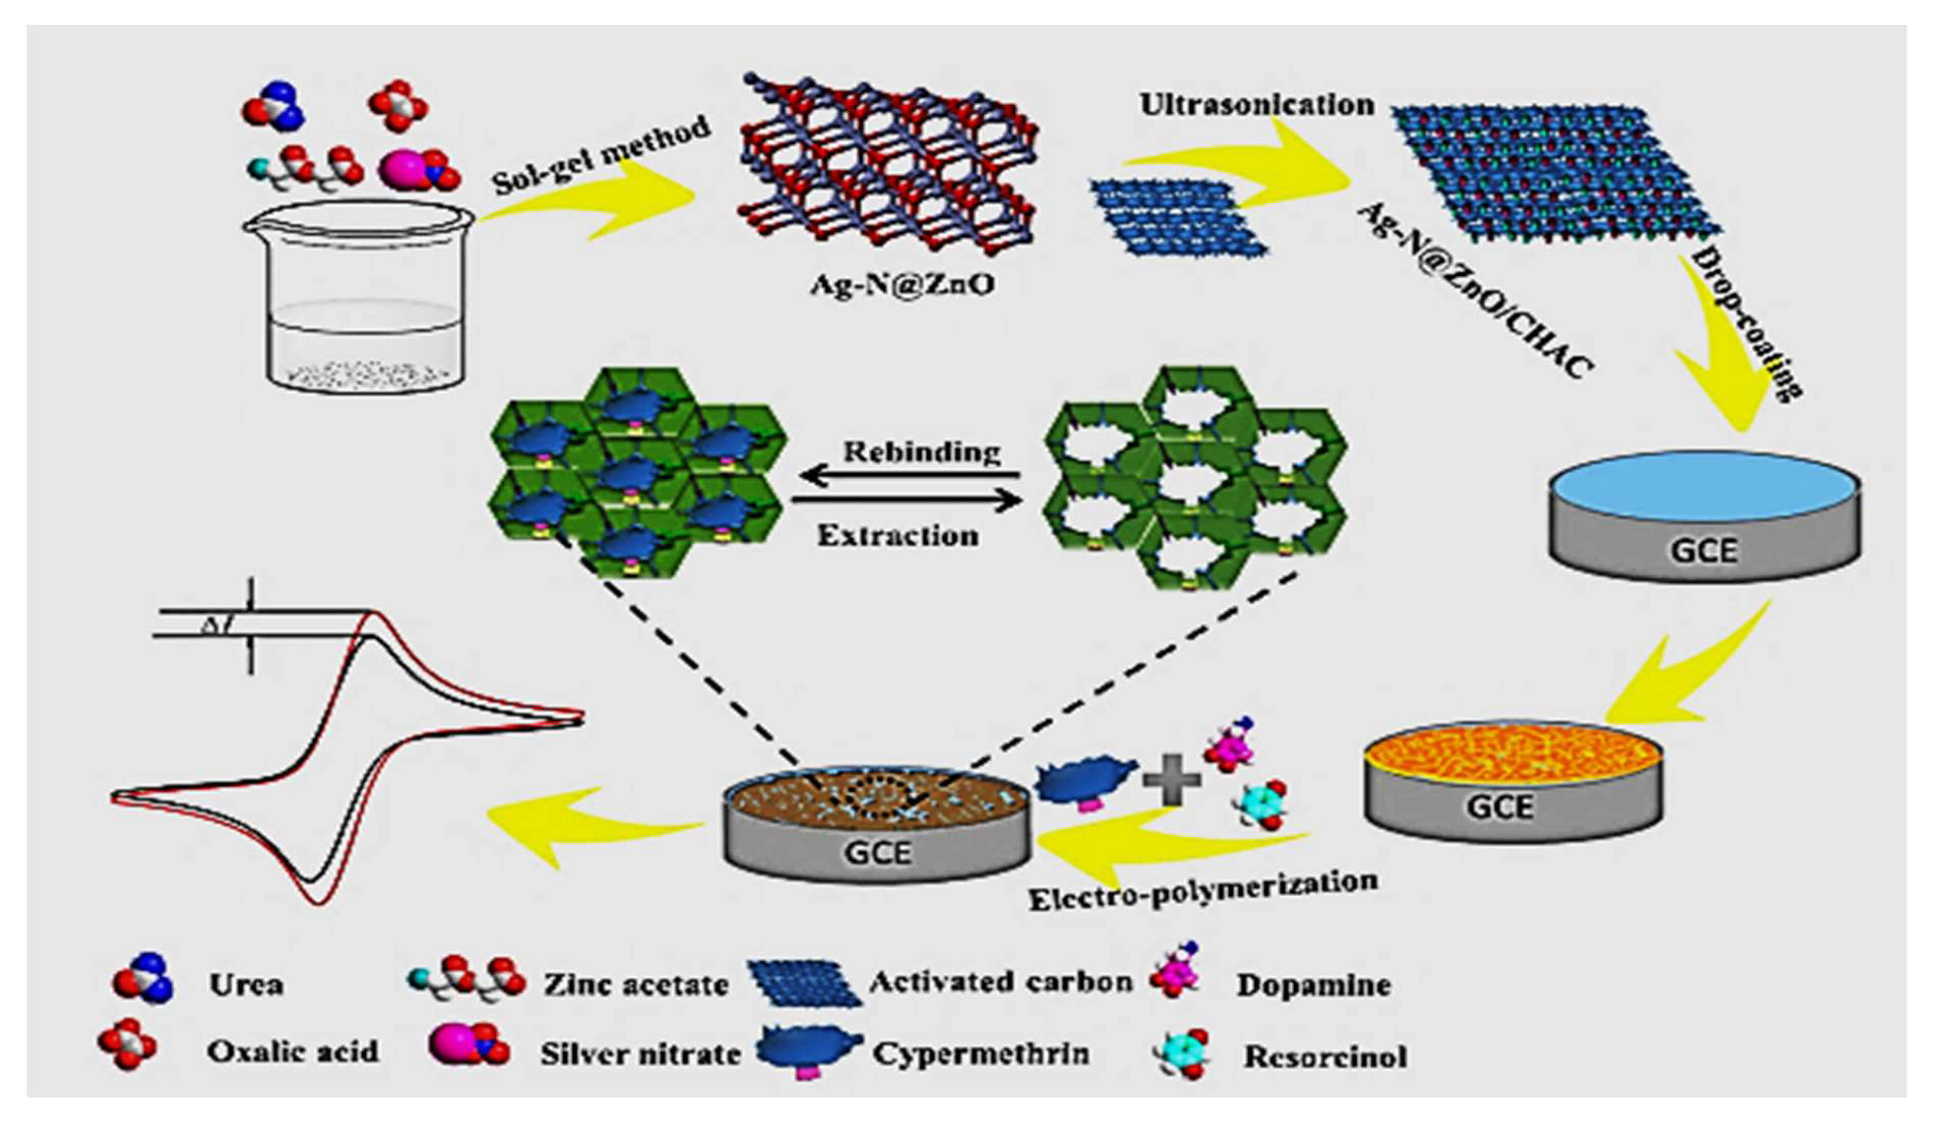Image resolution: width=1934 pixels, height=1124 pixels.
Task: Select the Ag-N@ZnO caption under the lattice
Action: [x=902, y=284]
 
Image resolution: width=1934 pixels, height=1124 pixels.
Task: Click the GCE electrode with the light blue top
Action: [x=1704, y=514]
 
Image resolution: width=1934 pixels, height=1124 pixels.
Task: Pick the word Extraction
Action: [x=898, y=535]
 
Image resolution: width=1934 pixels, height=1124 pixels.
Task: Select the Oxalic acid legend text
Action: [x=292, y=1051]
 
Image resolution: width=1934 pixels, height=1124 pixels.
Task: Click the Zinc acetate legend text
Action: [x=636, y=984]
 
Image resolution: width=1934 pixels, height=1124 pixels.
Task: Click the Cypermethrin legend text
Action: [x=981, y=1053]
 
